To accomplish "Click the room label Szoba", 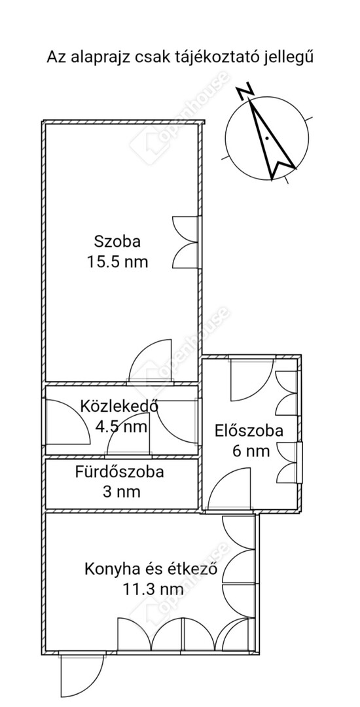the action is coord(117,241).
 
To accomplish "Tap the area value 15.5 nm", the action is coord(117,261).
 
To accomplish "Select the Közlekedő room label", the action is coord(119,407).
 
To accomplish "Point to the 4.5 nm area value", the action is coord(121,426).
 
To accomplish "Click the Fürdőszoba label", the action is coord(119,472).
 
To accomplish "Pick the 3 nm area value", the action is coord(121,492).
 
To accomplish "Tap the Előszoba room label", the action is coord(249,431).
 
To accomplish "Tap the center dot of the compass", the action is coord(267,138).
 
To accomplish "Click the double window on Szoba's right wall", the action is coord(186,242).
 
